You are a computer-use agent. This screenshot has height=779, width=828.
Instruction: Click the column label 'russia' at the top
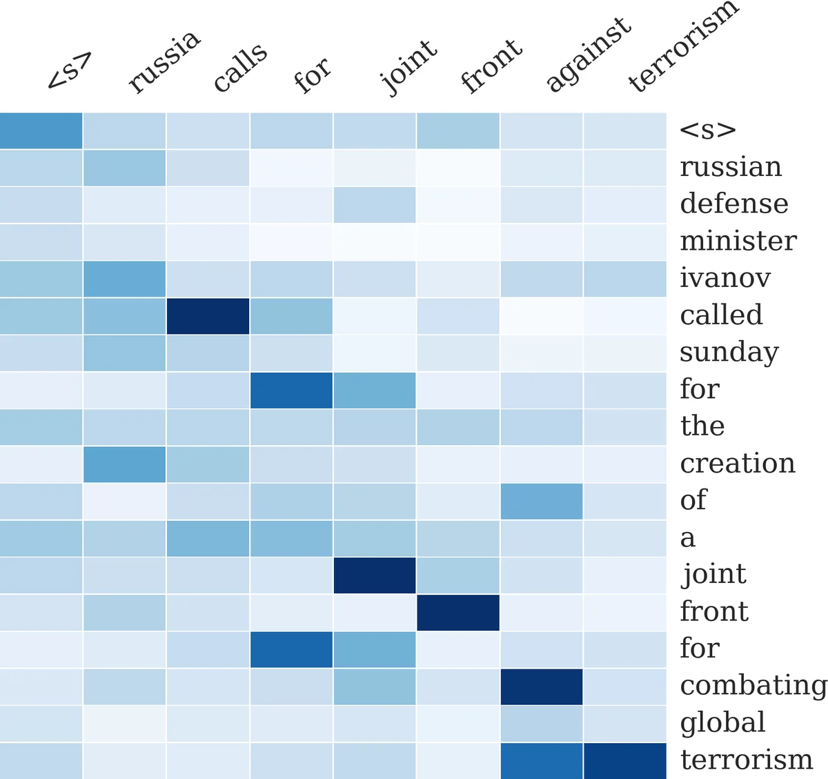pos(164,61)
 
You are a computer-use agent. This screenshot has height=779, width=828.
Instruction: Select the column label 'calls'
pos(239,67)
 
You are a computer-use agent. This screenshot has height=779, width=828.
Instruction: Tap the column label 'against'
pos(587,55)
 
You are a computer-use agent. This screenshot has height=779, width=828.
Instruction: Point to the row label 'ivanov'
pos(725,278)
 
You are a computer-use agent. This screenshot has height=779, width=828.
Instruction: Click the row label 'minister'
pos(738,241)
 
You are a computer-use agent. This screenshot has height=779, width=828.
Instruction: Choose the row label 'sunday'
pos(729,352)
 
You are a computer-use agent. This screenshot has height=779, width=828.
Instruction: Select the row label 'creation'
pos(738,463)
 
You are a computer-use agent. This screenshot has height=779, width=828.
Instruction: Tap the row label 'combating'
pos(753,685)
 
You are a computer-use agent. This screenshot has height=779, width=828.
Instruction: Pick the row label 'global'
pos(722,722)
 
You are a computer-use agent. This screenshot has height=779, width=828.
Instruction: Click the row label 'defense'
pos(733,204)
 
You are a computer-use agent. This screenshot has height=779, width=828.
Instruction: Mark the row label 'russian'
pos(731,167)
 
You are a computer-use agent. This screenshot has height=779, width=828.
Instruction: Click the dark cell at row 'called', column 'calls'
pos(208,316)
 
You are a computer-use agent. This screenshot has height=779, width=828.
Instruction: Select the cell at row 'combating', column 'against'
pos(542,687)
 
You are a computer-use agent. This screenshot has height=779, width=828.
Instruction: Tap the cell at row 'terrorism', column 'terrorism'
pos(625,760)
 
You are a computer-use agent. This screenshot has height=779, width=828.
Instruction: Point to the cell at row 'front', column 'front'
pos(458,612)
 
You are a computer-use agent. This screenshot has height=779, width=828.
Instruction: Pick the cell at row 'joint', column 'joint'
pos(375,575)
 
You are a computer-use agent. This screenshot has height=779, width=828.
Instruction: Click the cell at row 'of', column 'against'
pos(542,501)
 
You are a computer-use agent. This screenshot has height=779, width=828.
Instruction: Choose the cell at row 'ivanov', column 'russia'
pos(124,279)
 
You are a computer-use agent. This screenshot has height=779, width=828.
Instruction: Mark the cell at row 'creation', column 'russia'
pos(124,464)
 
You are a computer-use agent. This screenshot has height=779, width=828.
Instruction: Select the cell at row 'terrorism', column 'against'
pos(542,760)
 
